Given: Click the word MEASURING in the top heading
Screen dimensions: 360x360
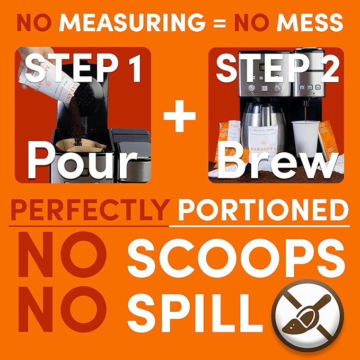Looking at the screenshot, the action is [132, 22].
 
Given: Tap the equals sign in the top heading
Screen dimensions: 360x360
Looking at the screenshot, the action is [219, 22].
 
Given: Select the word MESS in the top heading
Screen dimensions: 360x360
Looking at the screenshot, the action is [310, 22].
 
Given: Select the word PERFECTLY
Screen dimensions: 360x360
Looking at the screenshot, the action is [90, 209].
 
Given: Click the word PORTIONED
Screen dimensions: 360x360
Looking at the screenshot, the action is [264, 209].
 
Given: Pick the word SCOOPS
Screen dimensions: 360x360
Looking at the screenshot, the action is [236, 258].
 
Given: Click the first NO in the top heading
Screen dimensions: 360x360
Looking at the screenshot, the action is [34, 22].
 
